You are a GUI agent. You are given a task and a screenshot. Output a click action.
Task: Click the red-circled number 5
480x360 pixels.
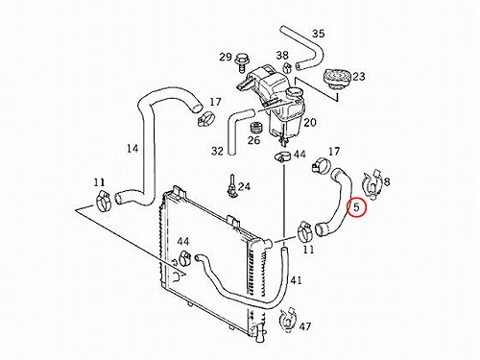click(x=356, y=207)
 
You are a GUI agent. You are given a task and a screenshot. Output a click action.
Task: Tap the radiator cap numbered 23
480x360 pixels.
click(x=337, y=78)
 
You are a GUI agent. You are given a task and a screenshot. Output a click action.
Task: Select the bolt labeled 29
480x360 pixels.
click(x=241, y=61)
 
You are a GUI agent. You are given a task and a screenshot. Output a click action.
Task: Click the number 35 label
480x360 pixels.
click(x=319, y=34)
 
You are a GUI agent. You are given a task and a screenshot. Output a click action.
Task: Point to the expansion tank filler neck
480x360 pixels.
click(x=295, y=92)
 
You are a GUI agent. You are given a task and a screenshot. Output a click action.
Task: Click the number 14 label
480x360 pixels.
click(x=132, y=149)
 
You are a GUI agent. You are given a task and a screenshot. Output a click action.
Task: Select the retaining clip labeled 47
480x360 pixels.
click(x=288, y=319)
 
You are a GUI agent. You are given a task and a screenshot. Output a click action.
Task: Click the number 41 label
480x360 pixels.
click(x=296, y=280)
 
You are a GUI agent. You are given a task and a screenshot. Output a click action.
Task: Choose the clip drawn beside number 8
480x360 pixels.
click(x=372, y=185)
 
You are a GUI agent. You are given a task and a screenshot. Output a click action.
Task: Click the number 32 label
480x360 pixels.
click(x=217, y=151)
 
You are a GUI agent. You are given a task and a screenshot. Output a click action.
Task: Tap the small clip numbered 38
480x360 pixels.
click(x=288, y=67)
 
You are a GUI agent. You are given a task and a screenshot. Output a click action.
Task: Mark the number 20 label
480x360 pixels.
click(x=310, y=122)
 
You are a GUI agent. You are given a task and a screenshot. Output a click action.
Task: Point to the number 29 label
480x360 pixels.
click(x=226, y=57)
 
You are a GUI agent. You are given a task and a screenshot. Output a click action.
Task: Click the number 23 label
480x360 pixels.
click(x=358, y=76)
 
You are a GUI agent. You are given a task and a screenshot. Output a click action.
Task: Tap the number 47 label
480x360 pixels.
click(x=305, y=326)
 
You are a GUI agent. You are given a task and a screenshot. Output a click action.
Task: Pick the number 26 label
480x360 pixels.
click(x=253, y=140)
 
